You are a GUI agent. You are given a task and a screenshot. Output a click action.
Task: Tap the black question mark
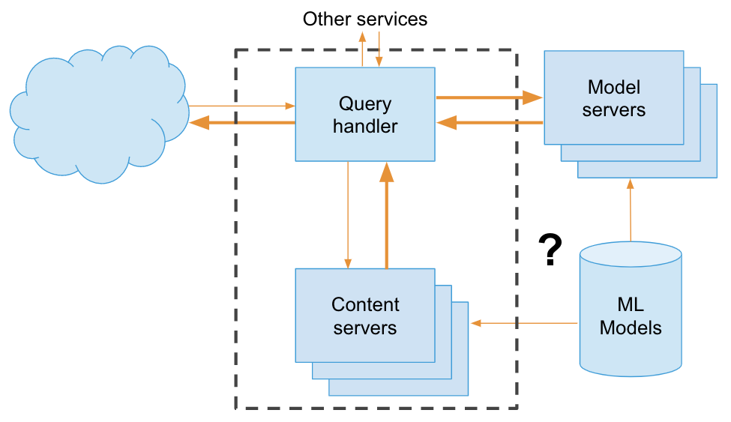[x=550, y=250]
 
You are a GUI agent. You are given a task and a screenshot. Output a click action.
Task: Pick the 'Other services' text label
[x=365, y=19]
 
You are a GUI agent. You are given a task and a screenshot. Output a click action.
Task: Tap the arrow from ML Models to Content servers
[x=525, y=323]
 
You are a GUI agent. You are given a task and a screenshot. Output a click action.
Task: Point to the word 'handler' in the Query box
[x=365, y=126]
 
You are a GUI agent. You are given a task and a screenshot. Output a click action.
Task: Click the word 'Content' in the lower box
[x=365, y=305]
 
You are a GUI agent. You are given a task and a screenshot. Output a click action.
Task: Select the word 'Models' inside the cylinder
[x=631, y=328]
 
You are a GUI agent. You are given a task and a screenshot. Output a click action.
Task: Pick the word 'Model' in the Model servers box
[x=614, y=87]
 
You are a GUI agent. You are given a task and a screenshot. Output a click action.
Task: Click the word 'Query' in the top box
[x=365, y=103]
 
